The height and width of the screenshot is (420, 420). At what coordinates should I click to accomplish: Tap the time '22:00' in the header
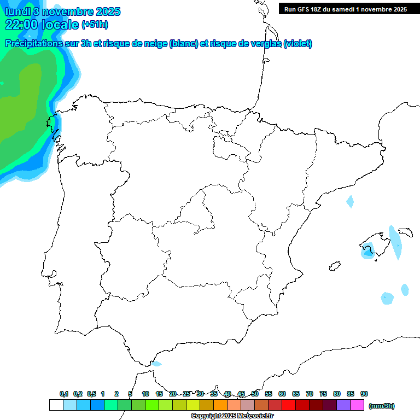pos(22,25)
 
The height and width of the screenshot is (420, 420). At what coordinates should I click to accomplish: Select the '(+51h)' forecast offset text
pos(95,25)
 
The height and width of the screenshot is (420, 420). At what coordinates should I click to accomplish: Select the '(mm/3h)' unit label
pos(382,406)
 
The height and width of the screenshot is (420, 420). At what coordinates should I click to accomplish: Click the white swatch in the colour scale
pos(56,405)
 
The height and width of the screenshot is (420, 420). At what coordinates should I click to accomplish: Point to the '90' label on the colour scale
pos(364,394)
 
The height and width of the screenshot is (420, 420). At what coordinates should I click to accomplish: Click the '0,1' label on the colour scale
pos(64,394)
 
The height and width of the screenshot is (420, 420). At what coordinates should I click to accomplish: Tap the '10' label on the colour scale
pos(145,394)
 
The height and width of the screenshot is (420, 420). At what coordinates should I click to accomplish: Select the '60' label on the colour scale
pos(282,394)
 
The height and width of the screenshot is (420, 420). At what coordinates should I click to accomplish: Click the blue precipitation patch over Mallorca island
pos(367,250)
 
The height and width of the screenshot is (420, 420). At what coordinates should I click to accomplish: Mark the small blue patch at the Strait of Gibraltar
pos(156,364)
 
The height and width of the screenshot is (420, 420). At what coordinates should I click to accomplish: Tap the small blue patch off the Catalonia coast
pos(350,202)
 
